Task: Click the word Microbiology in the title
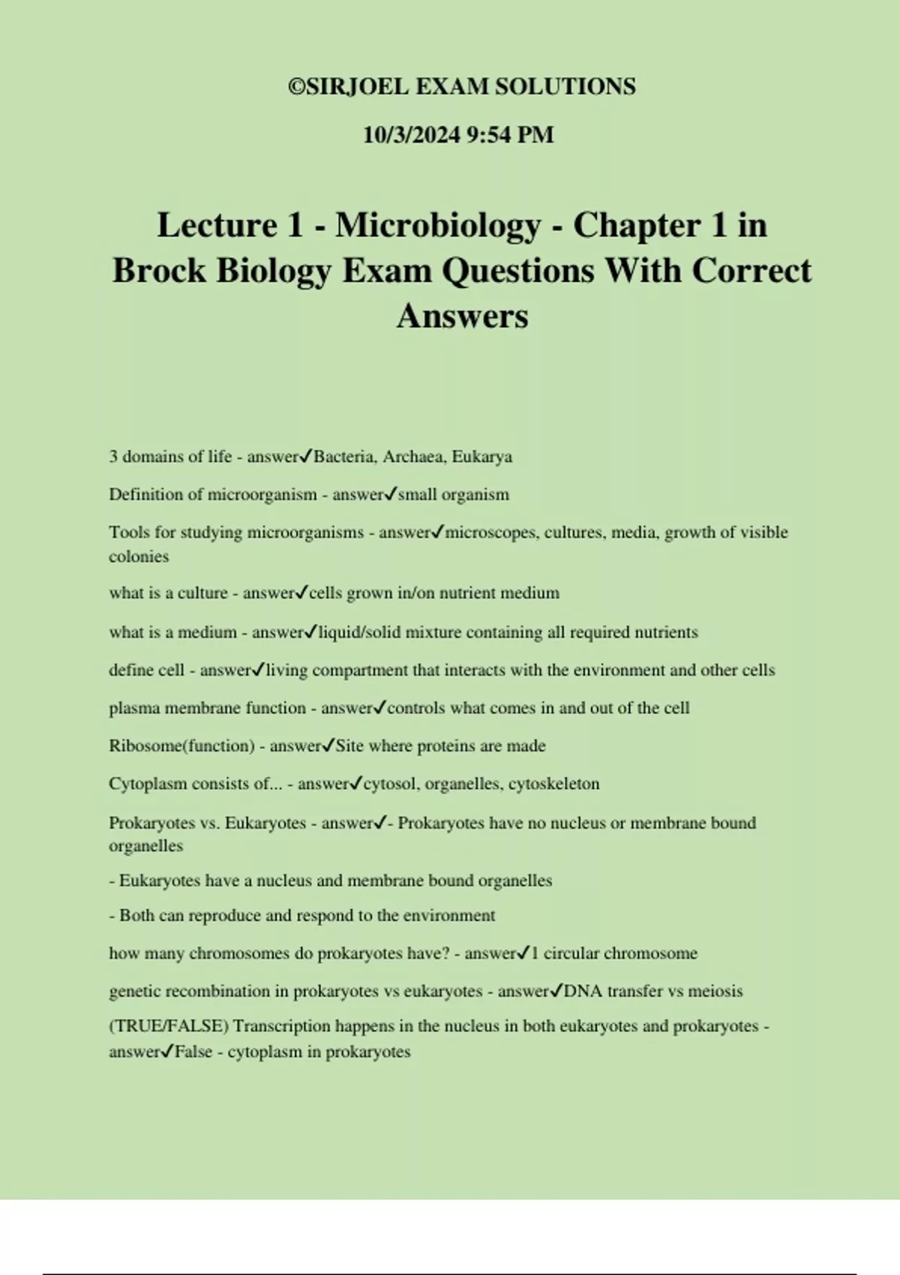(x=438, y=225)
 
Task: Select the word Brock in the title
(x=159, y=271)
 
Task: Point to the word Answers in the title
(x=462, y=316)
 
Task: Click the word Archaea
(x=412, y=457)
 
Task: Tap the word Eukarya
(x=481, y=457)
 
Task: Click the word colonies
(x=139, y=556)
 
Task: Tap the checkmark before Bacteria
(x=307, y=456)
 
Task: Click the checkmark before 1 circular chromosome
(x=523, y=953)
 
